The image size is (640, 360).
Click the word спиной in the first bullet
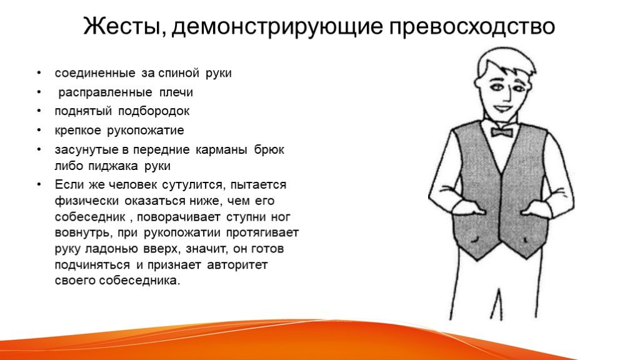click(x=178, y=74)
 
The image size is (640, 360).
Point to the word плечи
click(x=176, y=92)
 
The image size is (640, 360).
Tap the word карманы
click(x=221, y=150)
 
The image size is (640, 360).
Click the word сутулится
click(x=192, y=185)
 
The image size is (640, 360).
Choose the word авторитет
click(x=237, y=265)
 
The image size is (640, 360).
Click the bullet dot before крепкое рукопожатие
click(x=39, y=131)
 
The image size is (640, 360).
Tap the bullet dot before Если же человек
click(x=39, y=185)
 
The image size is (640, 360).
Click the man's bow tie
click(x=502, y=132)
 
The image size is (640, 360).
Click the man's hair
click(x=505, y=64)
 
